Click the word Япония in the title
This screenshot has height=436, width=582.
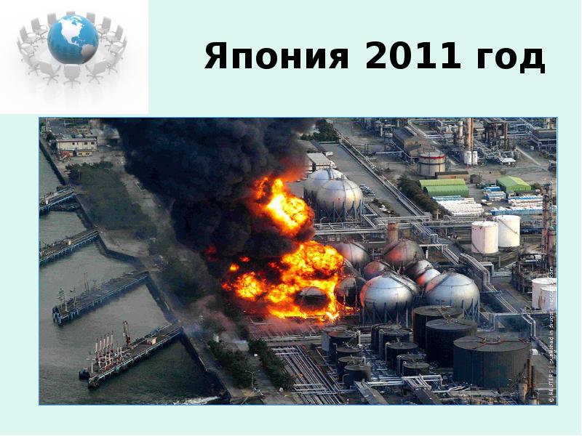coord(276,57)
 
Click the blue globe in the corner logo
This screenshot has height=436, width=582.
coord(73,39)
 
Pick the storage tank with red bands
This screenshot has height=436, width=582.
coord(431,163)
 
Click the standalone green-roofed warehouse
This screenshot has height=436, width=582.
coord(514,185)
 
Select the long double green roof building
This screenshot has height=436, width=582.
coord(444,187)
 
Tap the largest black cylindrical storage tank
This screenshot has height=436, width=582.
coord(491,360)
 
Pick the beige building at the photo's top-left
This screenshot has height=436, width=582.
coord(76,144)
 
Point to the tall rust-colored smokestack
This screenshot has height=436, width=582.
coord(469,134)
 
